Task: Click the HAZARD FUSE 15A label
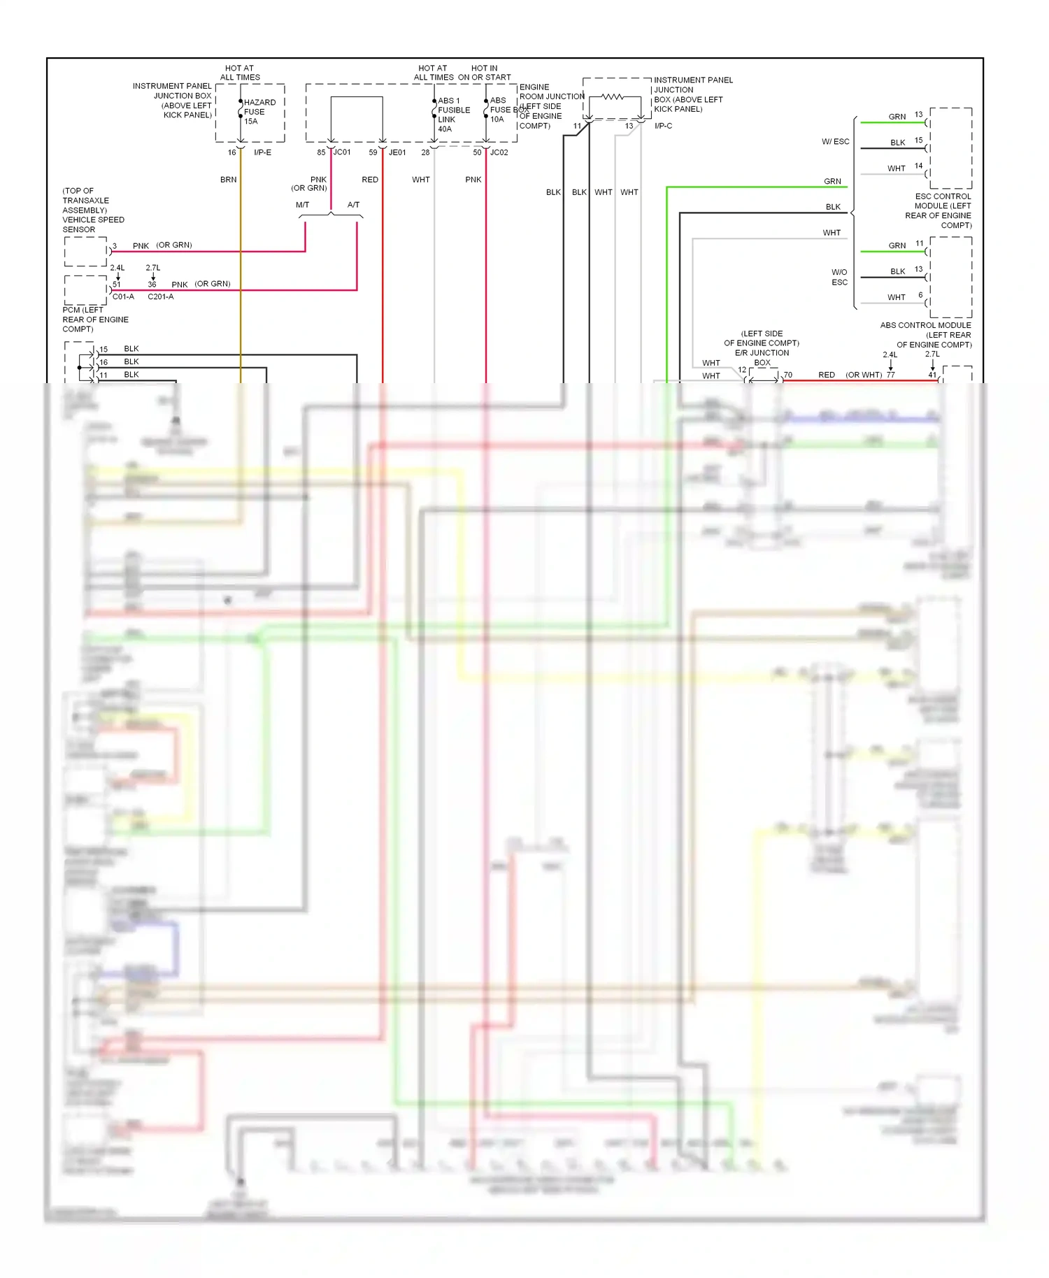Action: tap(259, 112)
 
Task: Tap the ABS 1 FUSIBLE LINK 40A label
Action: tap(453, 115)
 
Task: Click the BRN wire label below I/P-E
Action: tap(228, 180)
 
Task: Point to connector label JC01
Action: tap(342, 152)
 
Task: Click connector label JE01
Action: tap(397, 152)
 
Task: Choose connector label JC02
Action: tap(499, 152)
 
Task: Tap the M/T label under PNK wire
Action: tap(302, 205)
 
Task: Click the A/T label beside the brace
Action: tap(353, 205)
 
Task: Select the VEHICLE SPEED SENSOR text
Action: tap(92, 224)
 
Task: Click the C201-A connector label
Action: tap(160, 296)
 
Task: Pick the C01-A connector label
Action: tap(123, 296)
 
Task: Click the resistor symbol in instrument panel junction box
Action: tap(613, 97)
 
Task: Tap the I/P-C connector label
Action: tap(663, 126)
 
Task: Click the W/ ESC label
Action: tap(835, 142)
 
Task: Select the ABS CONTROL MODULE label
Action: tap(925, 325)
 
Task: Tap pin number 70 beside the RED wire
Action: tap(787, 375)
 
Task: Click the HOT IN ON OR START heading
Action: tap(484, 73)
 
